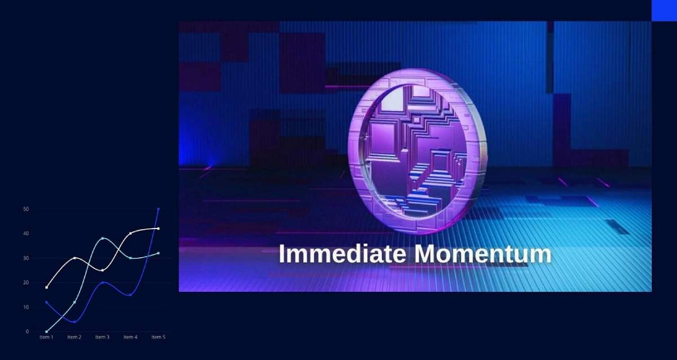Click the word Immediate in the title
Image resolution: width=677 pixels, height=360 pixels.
pos(342,254)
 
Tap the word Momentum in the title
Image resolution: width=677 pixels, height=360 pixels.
pos(483,254)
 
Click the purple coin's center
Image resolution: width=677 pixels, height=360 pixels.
pos(417,151)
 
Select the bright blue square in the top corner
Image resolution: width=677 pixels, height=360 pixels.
pos(665,11)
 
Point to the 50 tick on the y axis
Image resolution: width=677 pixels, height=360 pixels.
pos(26,209)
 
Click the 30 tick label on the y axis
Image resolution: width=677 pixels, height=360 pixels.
pos(26,258)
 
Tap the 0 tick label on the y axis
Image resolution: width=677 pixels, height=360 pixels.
pos(28,332)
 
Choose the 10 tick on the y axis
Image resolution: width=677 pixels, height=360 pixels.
pos(26,307)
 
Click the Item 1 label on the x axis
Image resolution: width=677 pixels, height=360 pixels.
pos(46,337)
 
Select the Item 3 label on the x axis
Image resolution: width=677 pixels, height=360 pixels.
pos(103,337)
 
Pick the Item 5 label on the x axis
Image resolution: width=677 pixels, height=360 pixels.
pos(159,337)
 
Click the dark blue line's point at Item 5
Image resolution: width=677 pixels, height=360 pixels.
pos(159,209)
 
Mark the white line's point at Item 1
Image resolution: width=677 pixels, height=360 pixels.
pos(46,287)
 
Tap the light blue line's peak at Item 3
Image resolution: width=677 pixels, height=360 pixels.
pos(103,239)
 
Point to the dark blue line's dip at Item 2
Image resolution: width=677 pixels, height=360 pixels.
pos(74,322)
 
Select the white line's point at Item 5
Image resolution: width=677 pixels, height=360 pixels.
pos(159,229)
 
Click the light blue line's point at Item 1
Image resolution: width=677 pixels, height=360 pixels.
pos(46,332)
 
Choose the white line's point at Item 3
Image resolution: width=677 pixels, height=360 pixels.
pos(103,270)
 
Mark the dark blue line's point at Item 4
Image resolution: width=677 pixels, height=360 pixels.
pos(130,295)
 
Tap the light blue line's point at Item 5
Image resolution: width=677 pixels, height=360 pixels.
pos(159,253)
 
